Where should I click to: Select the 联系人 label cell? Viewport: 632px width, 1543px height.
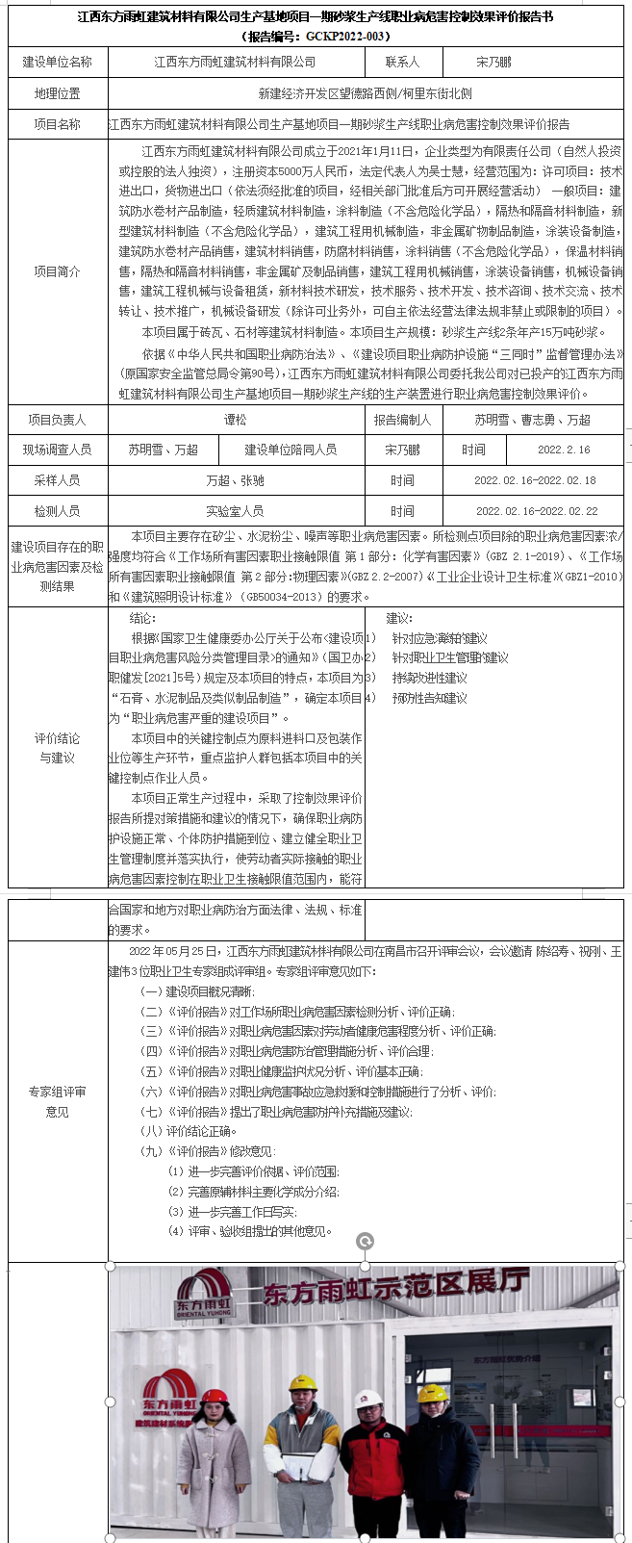[x=402, y=62]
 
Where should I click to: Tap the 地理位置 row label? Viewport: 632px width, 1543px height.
[x=58, y=93]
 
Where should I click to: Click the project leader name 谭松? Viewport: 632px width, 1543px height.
[x=235, y=420]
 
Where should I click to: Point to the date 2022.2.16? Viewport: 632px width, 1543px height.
[x=564, y=450]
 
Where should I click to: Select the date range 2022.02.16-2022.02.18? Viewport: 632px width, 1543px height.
[x=535, y=480]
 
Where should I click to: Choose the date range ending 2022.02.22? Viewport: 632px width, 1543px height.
[x=536, y=511]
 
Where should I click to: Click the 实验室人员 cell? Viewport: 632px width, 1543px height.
[x=235, y=511]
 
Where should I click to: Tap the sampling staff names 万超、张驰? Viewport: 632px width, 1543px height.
[x=235, y=480]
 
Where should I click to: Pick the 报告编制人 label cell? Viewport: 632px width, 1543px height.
[x=402, y=420]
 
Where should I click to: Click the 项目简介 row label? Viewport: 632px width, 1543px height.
[x=58, y=271]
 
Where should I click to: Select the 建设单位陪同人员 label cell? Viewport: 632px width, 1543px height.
[x=291, y=450]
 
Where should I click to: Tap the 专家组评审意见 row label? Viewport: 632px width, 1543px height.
[x=58, y=1101]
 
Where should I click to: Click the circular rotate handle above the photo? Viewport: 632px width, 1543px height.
[x=365, y=1242]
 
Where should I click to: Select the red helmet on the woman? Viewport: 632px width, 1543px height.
[x=214, y=1395]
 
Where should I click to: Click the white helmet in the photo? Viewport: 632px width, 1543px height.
[x=367, y=1399]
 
